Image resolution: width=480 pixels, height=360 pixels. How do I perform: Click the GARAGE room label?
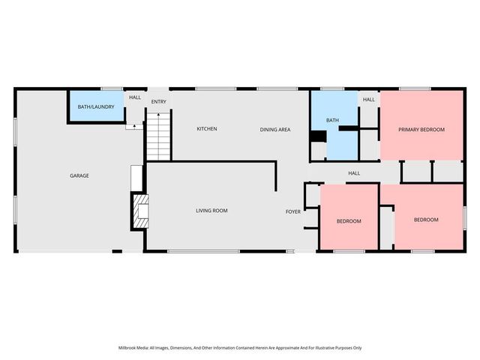click(79, 175)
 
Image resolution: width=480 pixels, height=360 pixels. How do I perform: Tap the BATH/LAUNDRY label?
click(96, 106)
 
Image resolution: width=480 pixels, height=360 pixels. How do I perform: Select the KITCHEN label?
click(207, 129)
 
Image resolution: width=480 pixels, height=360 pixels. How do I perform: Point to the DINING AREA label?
click(275, 130)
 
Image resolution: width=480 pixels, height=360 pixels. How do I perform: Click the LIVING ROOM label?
click(211, 211)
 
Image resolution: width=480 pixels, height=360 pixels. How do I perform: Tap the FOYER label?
click(293, 211)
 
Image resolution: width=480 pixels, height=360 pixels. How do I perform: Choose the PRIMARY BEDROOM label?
click(421, 130)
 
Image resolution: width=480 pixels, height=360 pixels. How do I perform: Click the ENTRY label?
click(158, 102)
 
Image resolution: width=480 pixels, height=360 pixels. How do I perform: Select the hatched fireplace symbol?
click(140, 211)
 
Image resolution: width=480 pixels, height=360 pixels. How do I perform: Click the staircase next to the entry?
click(158, 136)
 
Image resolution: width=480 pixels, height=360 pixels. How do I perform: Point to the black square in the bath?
click(319, 136)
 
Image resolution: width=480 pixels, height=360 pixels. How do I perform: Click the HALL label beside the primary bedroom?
click(368, 100)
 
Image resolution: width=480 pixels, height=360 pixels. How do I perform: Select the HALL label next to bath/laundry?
click(135, 97)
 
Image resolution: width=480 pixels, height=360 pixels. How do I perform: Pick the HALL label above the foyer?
click(354, 173)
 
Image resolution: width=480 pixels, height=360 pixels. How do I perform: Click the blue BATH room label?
click(332, 120)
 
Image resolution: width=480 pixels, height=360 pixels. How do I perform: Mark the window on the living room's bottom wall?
click(203, 251)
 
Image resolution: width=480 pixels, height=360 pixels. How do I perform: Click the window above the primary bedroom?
click(415, 88)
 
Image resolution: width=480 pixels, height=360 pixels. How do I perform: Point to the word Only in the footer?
click(358, 348)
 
